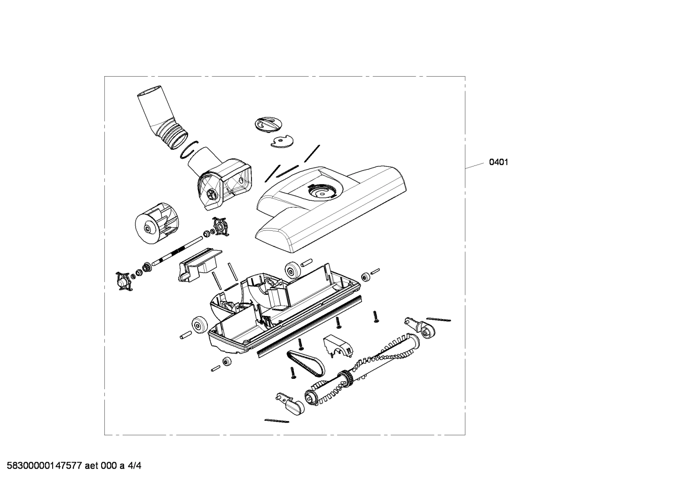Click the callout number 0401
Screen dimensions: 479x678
pyautogui.click(x=498, y=163)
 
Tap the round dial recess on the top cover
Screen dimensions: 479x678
pyautogui.click(x=322, y=190)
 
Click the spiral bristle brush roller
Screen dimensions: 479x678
pyautogui.click(x=362, y=369)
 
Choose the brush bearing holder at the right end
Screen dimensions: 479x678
pyautogui.click(x=419, y=328)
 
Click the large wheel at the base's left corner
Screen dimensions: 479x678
pyautogui.click(x=200, y=324)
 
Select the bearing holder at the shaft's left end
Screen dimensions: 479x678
pyautogui.click(x=124, y=281)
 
